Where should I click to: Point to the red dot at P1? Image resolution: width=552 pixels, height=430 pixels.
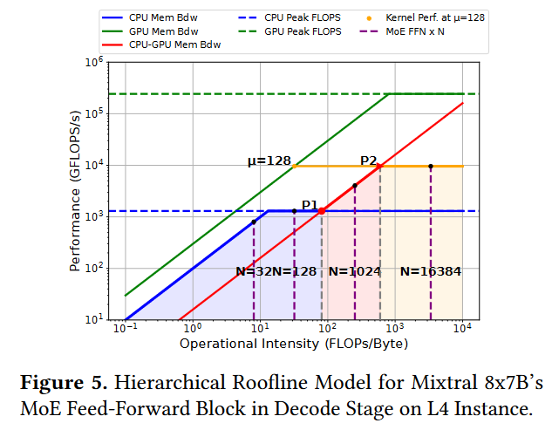point(322,210)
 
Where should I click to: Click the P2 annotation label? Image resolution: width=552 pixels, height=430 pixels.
point(369,160)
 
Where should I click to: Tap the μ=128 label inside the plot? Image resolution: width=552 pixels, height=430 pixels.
point(268,161)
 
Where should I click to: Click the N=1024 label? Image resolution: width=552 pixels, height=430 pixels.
point(355,271)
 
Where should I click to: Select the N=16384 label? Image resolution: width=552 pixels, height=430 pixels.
point(430,271)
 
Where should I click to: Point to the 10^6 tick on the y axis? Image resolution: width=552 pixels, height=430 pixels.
point(92,62)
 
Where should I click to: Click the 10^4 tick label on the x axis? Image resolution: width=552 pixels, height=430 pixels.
point(462,328)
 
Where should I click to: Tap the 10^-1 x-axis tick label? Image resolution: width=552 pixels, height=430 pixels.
point(125,328)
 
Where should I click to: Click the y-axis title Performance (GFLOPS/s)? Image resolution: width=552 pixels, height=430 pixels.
point(76,190)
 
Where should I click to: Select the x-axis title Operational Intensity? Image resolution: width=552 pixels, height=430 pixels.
point(294,344)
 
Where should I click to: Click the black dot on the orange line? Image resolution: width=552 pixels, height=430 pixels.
point(431,167)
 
